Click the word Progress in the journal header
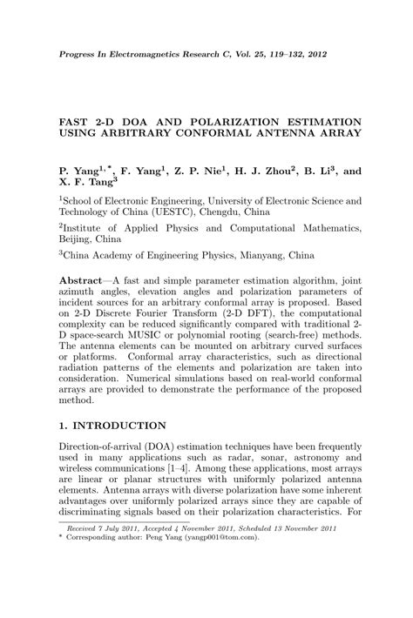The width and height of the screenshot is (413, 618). click(78, 53)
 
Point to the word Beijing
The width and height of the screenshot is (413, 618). click(78, 237)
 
